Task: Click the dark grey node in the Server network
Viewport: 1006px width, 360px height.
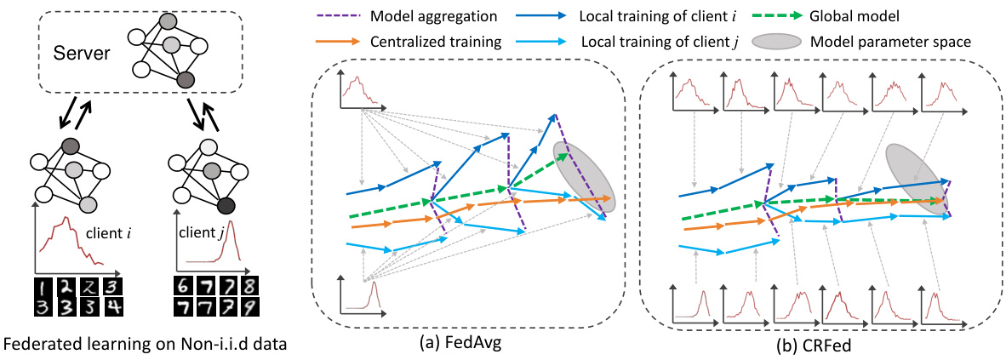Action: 186,79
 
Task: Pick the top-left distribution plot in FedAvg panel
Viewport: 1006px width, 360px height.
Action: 361,90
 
